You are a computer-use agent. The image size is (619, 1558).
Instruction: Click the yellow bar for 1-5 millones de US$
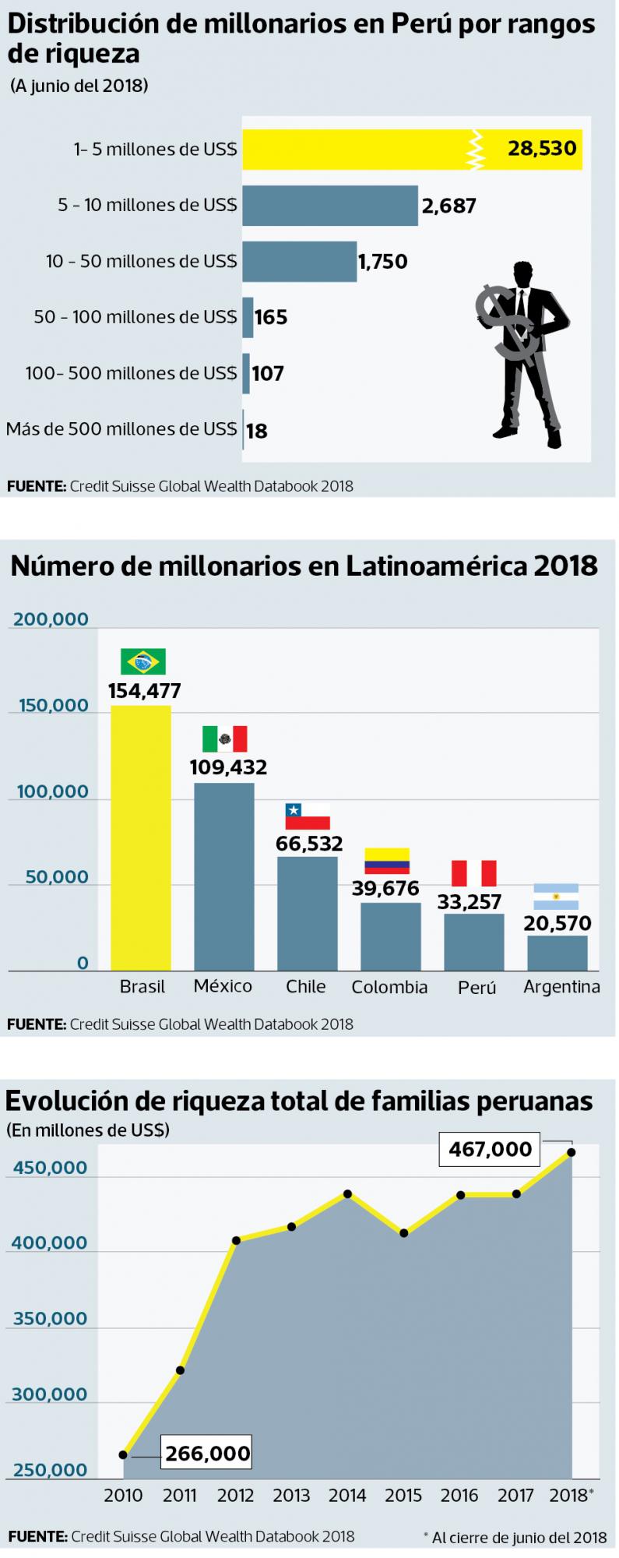coord(358,149)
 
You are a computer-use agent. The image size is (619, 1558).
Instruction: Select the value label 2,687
coord(448,206)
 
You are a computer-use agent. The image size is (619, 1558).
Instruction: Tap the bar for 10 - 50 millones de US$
coord(299,261)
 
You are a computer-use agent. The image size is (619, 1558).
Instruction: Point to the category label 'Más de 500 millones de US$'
coord(121,429)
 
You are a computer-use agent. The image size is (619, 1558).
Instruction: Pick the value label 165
coord(271,317)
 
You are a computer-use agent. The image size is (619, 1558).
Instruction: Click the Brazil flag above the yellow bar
coord(143,661)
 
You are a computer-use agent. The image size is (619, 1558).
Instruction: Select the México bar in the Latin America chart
coord(223,876)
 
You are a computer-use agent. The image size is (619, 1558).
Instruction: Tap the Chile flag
coord(308,816)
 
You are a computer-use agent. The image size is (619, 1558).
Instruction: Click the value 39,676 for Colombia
coord(385,888)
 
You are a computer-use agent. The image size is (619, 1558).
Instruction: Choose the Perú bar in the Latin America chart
coord(473,942)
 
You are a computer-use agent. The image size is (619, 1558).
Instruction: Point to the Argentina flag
coord(556,897)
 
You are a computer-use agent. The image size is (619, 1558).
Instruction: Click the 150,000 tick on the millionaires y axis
coord(48,706)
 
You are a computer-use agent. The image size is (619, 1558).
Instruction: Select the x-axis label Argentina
coord(561,987)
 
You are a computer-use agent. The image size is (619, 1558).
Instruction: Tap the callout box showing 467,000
coord(490,1149)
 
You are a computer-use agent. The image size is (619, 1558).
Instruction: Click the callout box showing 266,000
coord(207,1454)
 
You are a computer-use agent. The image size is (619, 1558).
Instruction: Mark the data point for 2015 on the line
coord(403,1233)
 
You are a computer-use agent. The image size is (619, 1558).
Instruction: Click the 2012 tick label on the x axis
coord(235,1495)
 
